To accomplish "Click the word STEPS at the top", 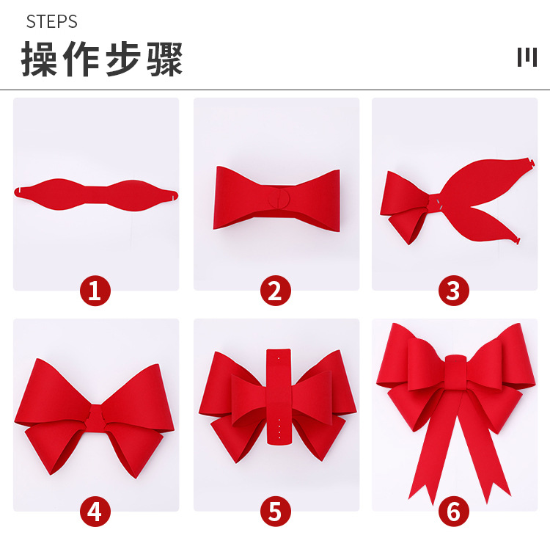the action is click(51, 22).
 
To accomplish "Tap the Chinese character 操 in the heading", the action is click(40, 59).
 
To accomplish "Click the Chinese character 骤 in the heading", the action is click(164, 59).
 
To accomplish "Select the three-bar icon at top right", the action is click(527, 57).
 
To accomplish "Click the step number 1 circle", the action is click(95, 291).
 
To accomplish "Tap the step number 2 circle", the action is click(275, 291).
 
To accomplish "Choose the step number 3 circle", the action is click(453, 291).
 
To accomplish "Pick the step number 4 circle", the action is click(95, 512).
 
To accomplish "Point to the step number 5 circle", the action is click(275, 512).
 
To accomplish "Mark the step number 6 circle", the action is click(453, 512).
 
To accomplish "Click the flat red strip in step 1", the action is click(96, 195).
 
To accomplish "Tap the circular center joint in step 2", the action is click(279, 198).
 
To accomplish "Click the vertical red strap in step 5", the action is click(279, 397).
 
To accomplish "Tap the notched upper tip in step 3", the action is click(530, 163).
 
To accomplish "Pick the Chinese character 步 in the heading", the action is click(123, 59).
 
